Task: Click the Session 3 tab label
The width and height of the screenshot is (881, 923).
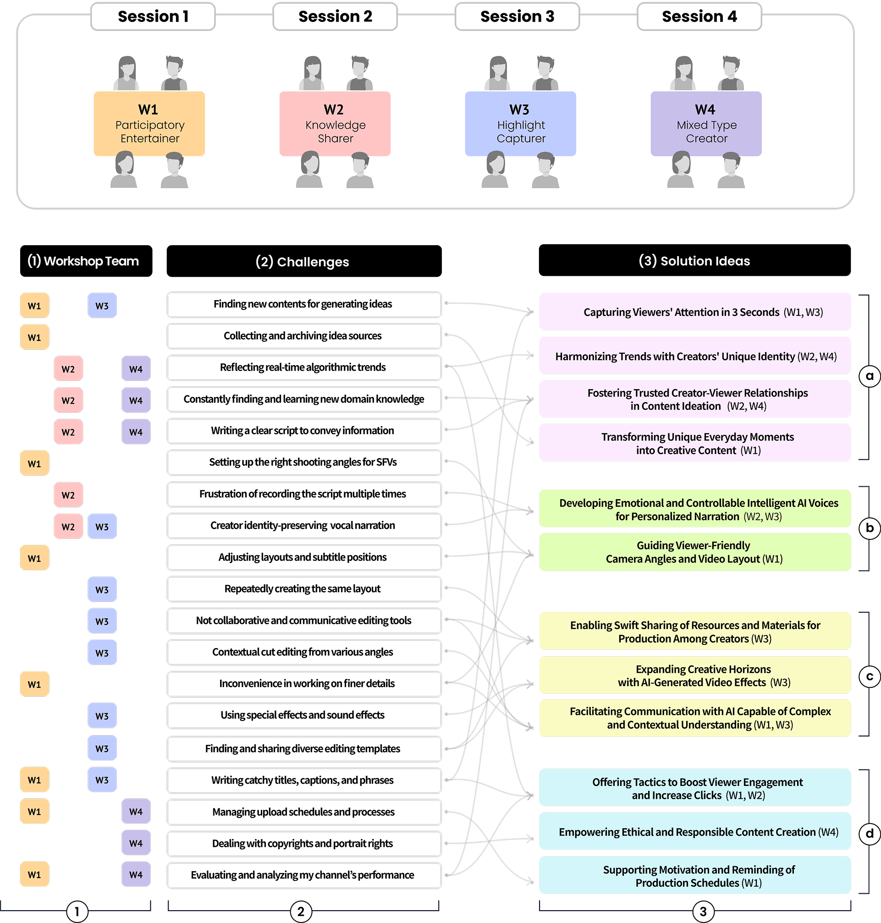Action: pos(517,16)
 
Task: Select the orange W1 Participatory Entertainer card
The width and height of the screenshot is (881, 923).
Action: pos(149,123)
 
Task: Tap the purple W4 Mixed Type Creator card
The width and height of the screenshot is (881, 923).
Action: pos(706,123)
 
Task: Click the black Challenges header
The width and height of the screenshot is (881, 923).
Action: pos(304,261)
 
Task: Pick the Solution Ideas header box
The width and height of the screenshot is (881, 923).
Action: pos(694,260)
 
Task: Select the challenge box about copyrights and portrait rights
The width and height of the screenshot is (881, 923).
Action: pos(304,843)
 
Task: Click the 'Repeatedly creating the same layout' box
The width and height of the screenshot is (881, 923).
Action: pos(304,589)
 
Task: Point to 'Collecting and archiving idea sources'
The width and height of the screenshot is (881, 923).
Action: pos(304,335)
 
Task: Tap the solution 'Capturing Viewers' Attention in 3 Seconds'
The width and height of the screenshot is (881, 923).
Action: pos(694,312)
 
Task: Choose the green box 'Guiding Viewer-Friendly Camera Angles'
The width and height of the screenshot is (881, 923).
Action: pos(694,552)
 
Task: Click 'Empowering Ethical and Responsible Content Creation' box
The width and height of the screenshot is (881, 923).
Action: pos(694,831)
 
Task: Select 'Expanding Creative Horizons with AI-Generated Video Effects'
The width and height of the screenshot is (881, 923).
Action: pos(694,675)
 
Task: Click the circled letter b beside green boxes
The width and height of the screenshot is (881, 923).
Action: pos(869,527)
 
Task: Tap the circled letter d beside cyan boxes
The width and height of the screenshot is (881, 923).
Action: pos(869,833)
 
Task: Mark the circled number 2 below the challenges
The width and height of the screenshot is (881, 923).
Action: pos(301,911)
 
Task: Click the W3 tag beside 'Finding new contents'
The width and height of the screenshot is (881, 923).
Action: pos(102,306)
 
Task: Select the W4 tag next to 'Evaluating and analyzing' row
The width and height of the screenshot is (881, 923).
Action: pos(136,874)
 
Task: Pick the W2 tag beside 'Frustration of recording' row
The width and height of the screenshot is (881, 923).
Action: pos(68,495)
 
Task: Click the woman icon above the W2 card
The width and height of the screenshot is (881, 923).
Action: pos(312,73)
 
